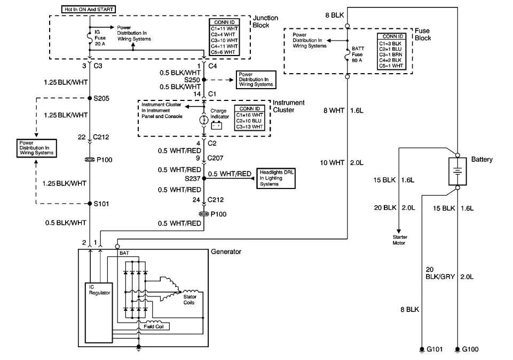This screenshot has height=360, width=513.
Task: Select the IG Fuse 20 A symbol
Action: (90, 37)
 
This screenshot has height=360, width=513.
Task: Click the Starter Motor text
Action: (398, 240)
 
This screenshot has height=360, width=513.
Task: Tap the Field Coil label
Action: (153, 326)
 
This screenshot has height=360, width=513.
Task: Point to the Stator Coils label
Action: (190, 299)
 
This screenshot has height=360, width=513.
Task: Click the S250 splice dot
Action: (204, 79)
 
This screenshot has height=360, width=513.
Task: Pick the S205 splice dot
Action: (90, 98)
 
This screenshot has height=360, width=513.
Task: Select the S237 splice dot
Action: (204, 179)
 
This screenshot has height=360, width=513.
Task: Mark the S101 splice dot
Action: (90, 204)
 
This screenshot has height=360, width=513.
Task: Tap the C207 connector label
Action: (216, 159)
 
